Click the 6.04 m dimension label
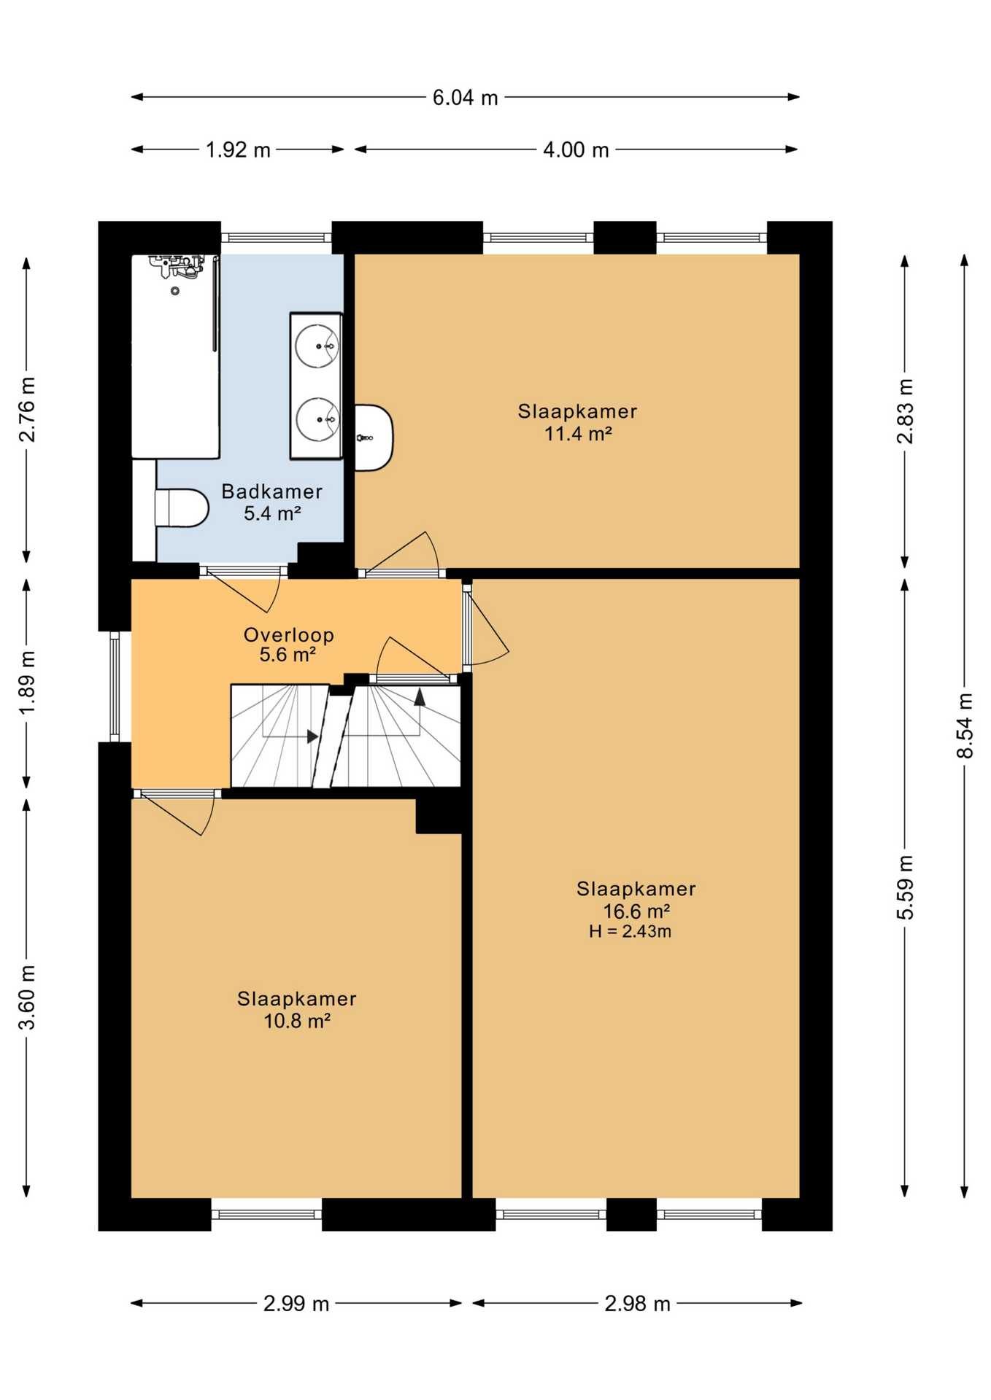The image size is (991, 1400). click(465, 97)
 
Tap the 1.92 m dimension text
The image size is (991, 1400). click(238, 150)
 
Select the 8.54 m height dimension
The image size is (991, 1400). click(965, 726)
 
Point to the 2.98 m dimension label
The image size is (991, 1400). click(637, 1303)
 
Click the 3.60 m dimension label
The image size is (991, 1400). click(27, 997)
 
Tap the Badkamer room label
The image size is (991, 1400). click(272, 491)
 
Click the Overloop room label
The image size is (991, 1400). click(289, 634)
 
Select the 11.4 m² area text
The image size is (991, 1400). click(578, 434)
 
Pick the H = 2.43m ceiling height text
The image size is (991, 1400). click(631, 931)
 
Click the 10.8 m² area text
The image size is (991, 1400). click(297, 1021)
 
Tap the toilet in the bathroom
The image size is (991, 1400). click(182, 507)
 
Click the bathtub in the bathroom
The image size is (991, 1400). click(175, 357)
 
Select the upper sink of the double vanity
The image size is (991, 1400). click(317, 346)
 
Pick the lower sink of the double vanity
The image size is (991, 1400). click(317, 419)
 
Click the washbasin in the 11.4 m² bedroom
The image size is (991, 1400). click(374, 437)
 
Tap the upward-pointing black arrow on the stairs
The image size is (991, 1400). click(420, 698)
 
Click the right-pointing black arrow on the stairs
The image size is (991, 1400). click(313, 736)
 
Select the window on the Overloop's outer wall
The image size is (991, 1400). click(115, 686)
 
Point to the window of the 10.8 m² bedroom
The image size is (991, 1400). click(266, 1215)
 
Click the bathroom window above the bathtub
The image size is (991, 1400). click(277, 238)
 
